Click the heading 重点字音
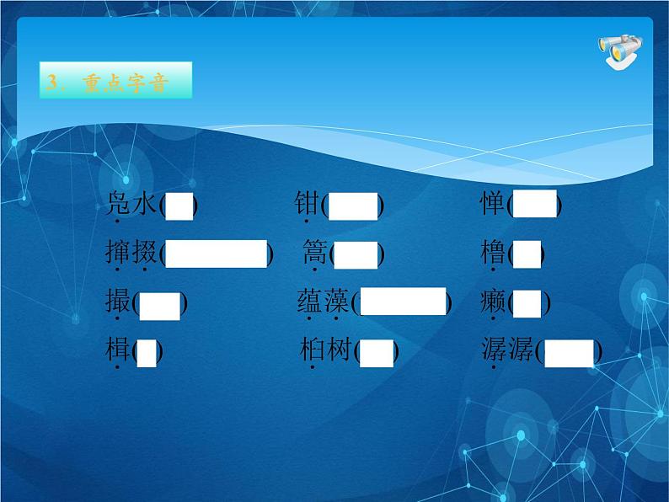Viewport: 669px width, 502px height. coord(115,83)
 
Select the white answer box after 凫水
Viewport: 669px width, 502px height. coord(180,206)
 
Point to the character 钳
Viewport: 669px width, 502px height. coord(306,204)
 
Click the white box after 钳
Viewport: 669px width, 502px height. coord(353,206)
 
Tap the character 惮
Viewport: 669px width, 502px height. coord(494,204)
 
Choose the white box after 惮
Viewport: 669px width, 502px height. coord(536,204)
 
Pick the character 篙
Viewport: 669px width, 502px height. coord(314,253)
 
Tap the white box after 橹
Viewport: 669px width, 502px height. coord(527,254)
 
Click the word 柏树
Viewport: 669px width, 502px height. coord(327,350)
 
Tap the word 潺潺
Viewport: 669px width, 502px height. coord(508,350)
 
